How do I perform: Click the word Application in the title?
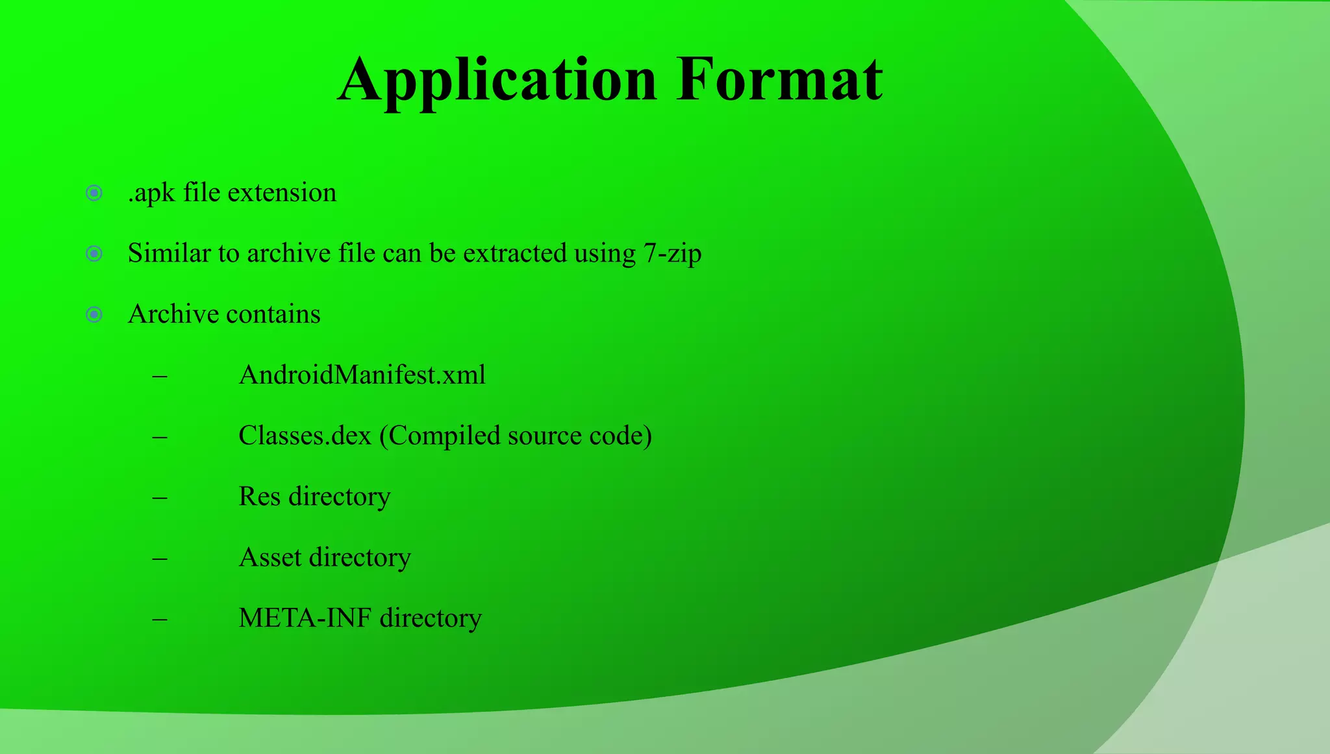coord(497,81)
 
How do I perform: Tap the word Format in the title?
coord(779,81)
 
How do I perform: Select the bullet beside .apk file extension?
coord(94,193)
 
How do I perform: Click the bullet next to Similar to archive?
coord(94,254)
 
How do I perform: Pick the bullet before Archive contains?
coord(94,315)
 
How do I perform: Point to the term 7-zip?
coord(673,254)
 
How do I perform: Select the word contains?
coord(273,315)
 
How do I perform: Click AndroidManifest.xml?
coord(362,375)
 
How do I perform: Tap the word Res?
coord(259,497)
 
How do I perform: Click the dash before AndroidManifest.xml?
coord(160,376)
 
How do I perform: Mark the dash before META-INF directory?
coord(160,619)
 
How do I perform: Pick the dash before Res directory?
coord(160,497)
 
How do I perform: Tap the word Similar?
coord(169,254)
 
